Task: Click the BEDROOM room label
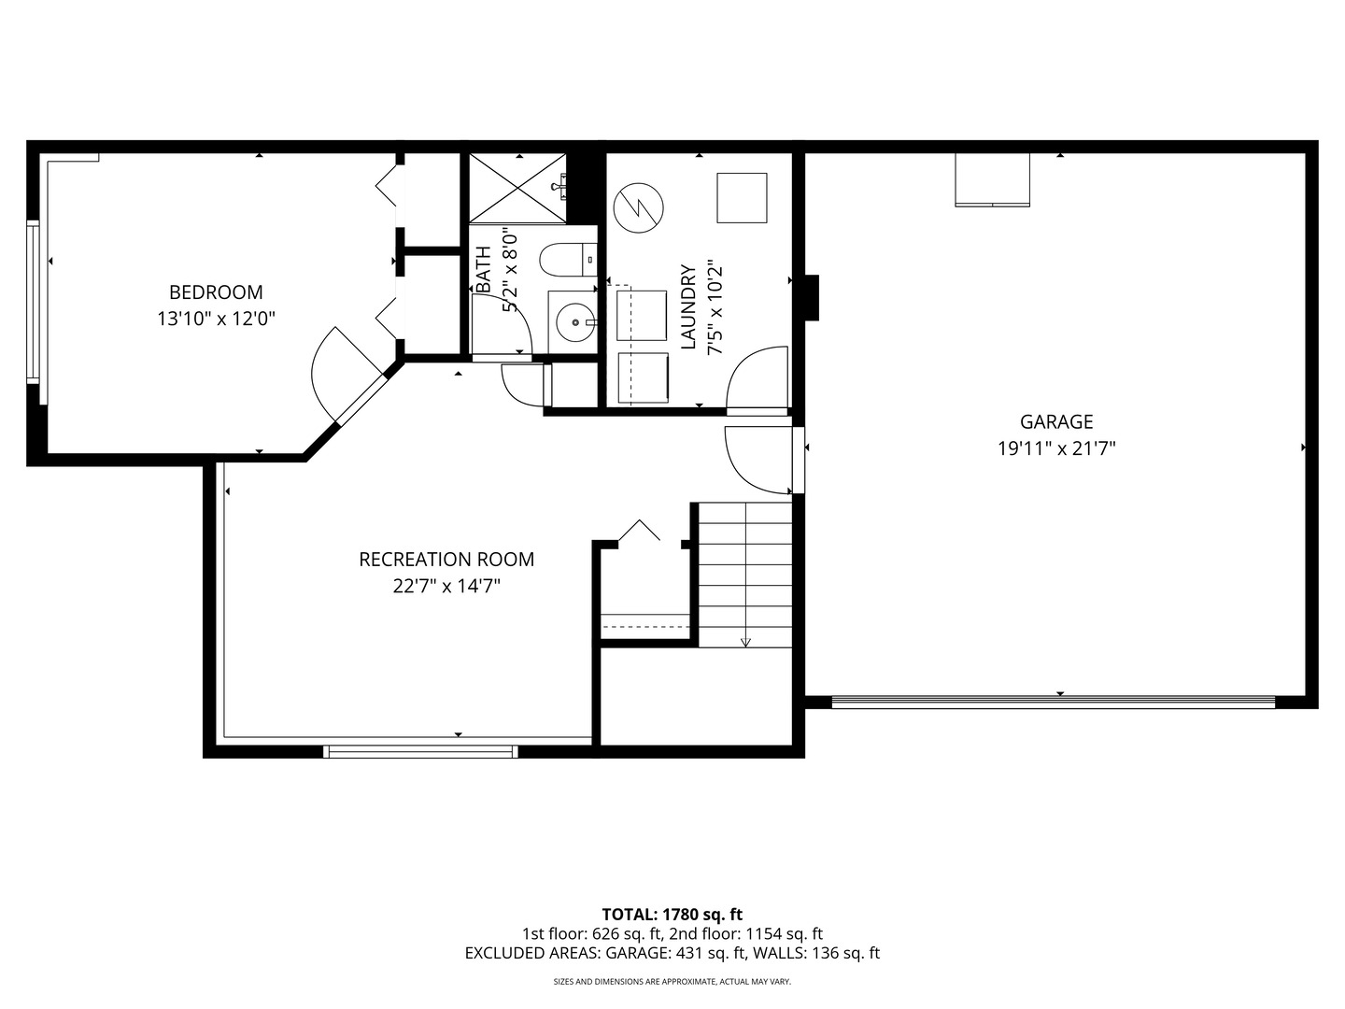(x=216, y=291)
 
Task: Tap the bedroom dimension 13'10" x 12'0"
(x=216, y=320)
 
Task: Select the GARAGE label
(x=1056, y=421)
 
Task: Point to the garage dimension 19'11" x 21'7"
(x=1056, y=448)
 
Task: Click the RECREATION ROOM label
(x=446, y=560)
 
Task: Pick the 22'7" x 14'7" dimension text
(x=446, y=587)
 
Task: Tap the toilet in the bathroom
(x=564, y=260)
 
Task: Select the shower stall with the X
(x=517, y=188)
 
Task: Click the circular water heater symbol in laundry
(x=639, y=207)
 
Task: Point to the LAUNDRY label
(x=688, y=307)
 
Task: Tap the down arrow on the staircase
(x=745, y=641)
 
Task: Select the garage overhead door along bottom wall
(x=1053, y=702)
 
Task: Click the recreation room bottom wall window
(x=420, y=750)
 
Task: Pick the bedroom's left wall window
(x=34, y=301)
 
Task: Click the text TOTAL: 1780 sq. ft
(x=672, y=915)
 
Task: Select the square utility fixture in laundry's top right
(x=742, y=198)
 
